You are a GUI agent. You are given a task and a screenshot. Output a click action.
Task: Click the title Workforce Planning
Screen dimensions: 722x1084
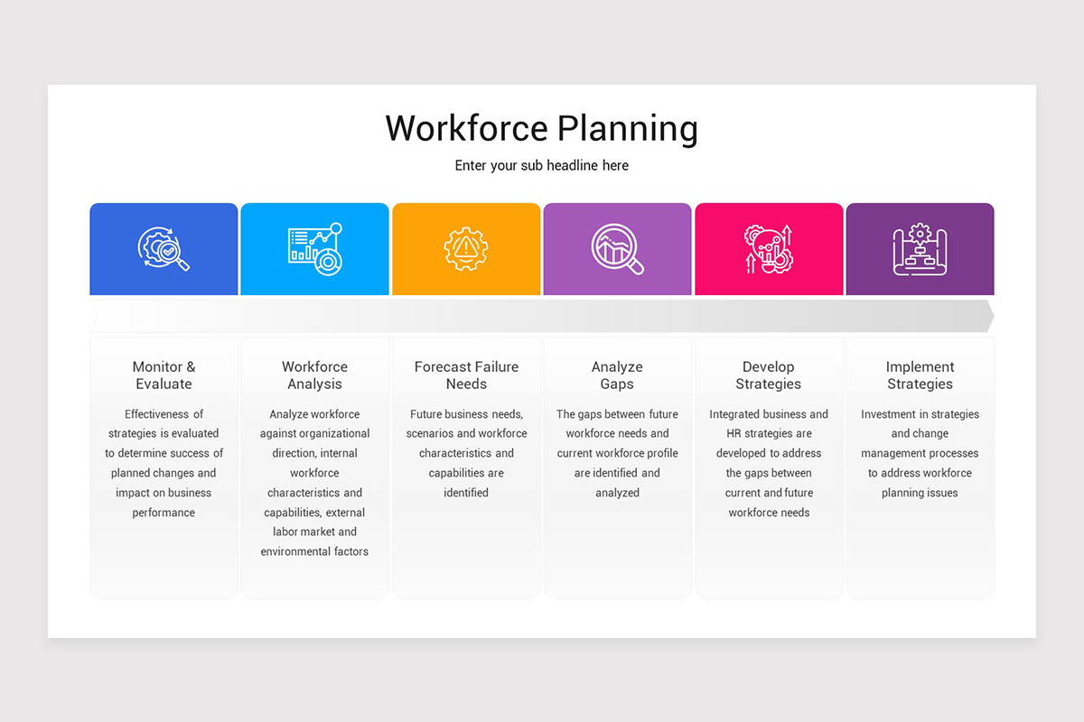click(541, 128)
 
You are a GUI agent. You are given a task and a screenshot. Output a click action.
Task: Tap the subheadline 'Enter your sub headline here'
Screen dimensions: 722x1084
click(541, 166)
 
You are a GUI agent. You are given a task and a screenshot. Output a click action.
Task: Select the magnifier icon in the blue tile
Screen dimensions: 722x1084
click(164, 249)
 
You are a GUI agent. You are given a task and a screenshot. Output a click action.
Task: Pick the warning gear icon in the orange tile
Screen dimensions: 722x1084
click(466, 249)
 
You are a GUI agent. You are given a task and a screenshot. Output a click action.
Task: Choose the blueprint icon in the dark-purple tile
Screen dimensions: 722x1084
click(920, 249)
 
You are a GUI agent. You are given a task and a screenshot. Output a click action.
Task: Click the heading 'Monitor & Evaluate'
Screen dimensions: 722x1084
click(164, 375)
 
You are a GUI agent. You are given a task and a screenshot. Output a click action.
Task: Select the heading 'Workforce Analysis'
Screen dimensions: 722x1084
click(314, 375)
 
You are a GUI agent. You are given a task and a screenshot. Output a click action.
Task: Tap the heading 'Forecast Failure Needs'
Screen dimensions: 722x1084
click(466, 375)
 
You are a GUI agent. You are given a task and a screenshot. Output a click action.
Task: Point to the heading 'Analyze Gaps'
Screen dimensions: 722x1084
click(617, 375)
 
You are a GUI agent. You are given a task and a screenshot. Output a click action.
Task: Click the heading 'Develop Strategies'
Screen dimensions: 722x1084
click(769, 375)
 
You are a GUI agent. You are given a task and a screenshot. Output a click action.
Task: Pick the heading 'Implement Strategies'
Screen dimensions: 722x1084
click(920, 375)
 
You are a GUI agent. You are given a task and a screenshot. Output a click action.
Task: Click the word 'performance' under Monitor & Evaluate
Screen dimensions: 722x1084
click(164, 513)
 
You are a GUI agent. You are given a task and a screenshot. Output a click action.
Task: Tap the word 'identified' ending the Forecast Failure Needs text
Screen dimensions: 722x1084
click(466, 493)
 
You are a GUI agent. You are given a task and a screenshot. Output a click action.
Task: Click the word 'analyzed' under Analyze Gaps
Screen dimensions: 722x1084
click(617, 493)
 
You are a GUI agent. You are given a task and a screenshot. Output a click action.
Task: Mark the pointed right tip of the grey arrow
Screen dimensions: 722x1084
click(993, 316)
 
